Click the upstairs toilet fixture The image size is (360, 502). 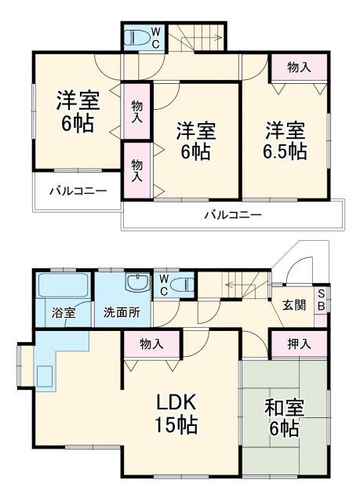point(140,36)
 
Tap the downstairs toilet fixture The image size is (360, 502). point(182,284)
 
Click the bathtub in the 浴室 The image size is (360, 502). point(63,286)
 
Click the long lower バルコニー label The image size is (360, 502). point(233,214)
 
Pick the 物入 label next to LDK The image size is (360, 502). point(151,344)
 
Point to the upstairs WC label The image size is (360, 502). point(155,36)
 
